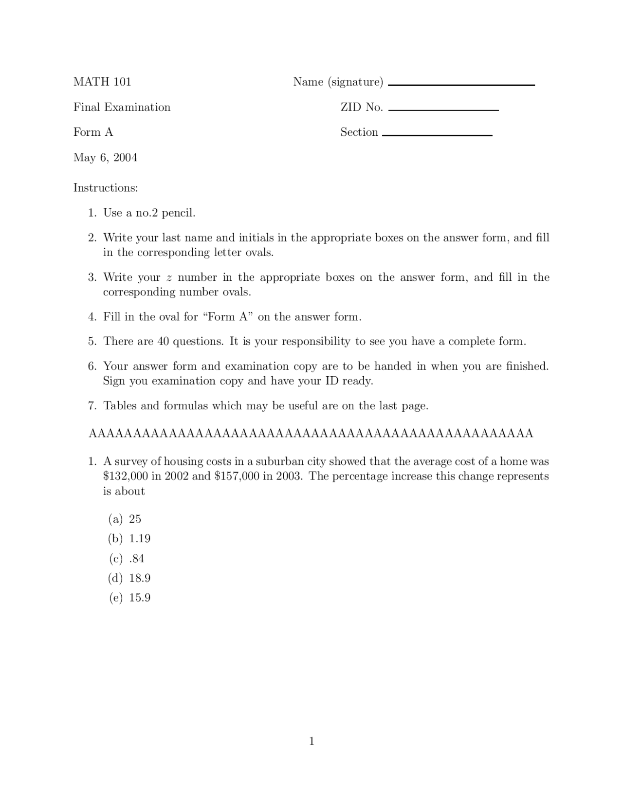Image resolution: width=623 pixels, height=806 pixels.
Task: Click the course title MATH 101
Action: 102,82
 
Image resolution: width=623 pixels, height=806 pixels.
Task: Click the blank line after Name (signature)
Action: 461,85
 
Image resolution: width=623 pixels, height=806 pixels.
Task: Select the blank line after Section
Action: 437,135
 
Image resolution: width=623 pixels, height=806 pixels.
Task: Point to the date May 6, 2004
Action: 105,158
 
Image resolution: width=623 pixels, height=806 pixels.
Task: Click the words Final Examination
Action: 122,107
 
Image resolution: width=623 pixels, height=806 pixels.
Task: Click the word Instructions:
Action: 106,188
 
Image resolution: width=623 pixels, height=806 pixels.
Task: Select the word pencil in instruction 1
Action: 178,213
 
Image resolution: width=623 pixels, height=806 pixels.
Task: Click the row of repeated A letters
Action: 311,433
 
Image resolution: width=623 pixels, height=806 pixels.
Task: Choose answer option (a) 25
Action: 125,519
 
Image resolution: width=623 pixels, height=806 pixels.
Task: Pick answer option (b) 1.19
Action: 129,539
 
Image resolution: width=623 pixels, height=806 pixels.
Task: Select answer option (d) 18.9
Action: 129,578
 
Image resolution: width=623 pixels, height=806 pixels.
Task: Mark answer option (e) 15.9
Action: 129,598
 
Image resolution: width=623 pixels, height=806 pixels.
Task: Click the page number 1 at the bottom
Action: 311,741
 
